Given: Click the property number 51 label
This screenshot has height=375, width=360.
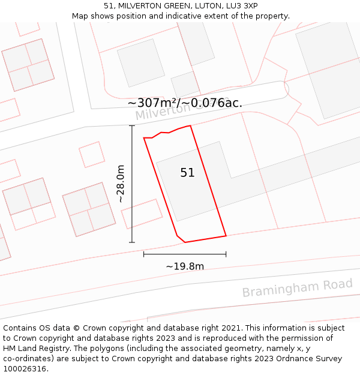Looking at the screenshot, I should click(x=187, y=173).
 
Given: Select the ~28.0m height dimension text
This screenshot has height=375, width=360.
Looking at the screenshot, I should click(x=121, y=184).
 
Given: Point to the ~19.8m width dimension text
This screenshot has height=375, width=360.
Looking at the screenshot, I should click(x=185, y=266).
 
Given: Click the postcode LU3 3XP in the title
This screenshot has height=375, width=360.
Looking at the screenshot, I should click(x=242, y=6).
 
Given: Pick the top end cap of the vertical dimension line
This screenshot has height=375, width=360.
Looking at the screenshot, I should click(x=132, y=125).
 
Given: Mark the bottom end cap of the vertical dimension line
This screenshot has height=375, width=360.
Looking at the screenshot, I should click(x=132, y=242).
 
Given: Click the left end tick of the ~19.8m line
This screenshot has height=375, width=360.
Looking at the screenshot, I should click(x=144, y=254).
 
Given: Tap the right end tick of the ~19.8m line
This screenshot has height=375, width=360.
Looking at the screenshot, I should click(x=226, y=254).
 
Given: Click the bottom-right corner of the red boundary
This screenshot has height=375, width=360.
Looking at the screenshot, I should click(x=226, y=236).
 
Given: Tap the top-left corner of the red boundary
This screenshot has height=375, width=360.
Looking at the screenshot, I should click(x=144, y=138).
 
